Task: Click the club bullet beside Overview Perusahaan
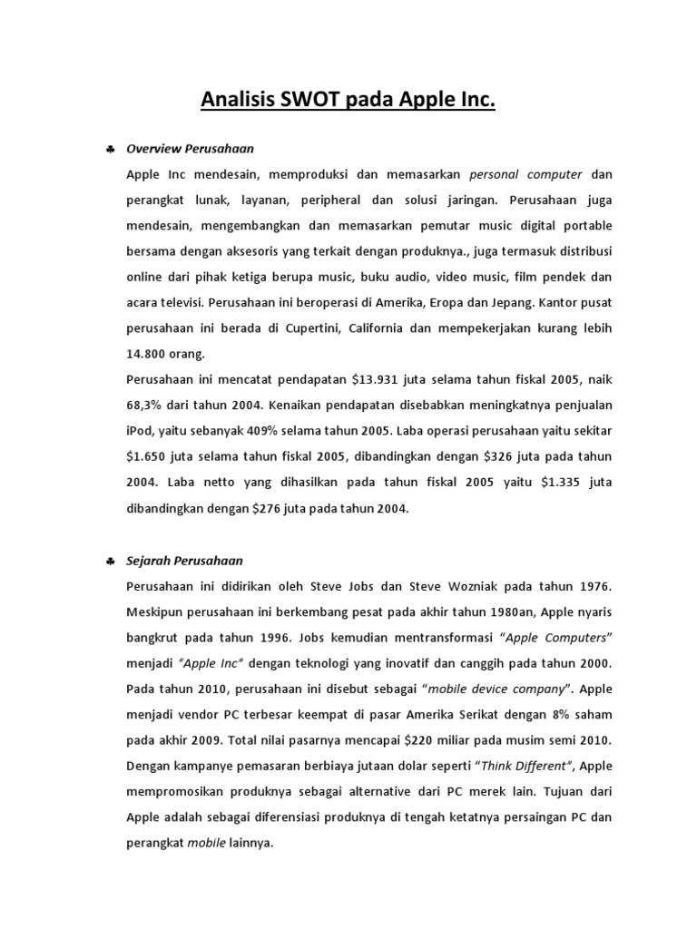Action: point(108,149)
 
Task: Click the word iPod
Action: point(141,430)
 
